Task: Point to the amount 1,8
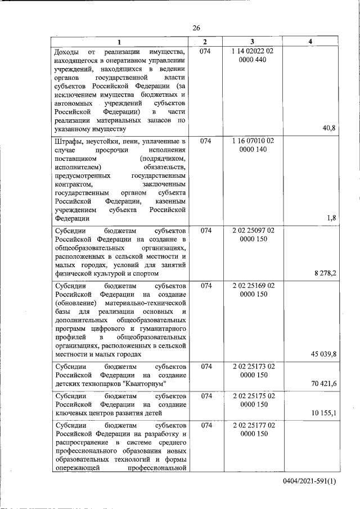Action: pos(331,218)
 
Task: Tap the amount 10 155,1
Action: pos(323,413)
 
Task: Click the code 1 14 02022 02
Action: pos(253,52)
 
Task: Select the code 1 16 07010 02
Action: pos(253,141)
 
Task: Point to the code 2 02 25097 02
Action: pos(253,231)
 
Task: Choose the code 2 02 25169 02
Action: pos(253,285)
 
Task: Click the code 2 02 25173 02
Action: pos(253,366)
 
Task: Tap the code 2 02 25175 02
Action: pos(253,396)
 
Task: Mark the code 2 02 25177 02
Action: pos(253,426)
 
